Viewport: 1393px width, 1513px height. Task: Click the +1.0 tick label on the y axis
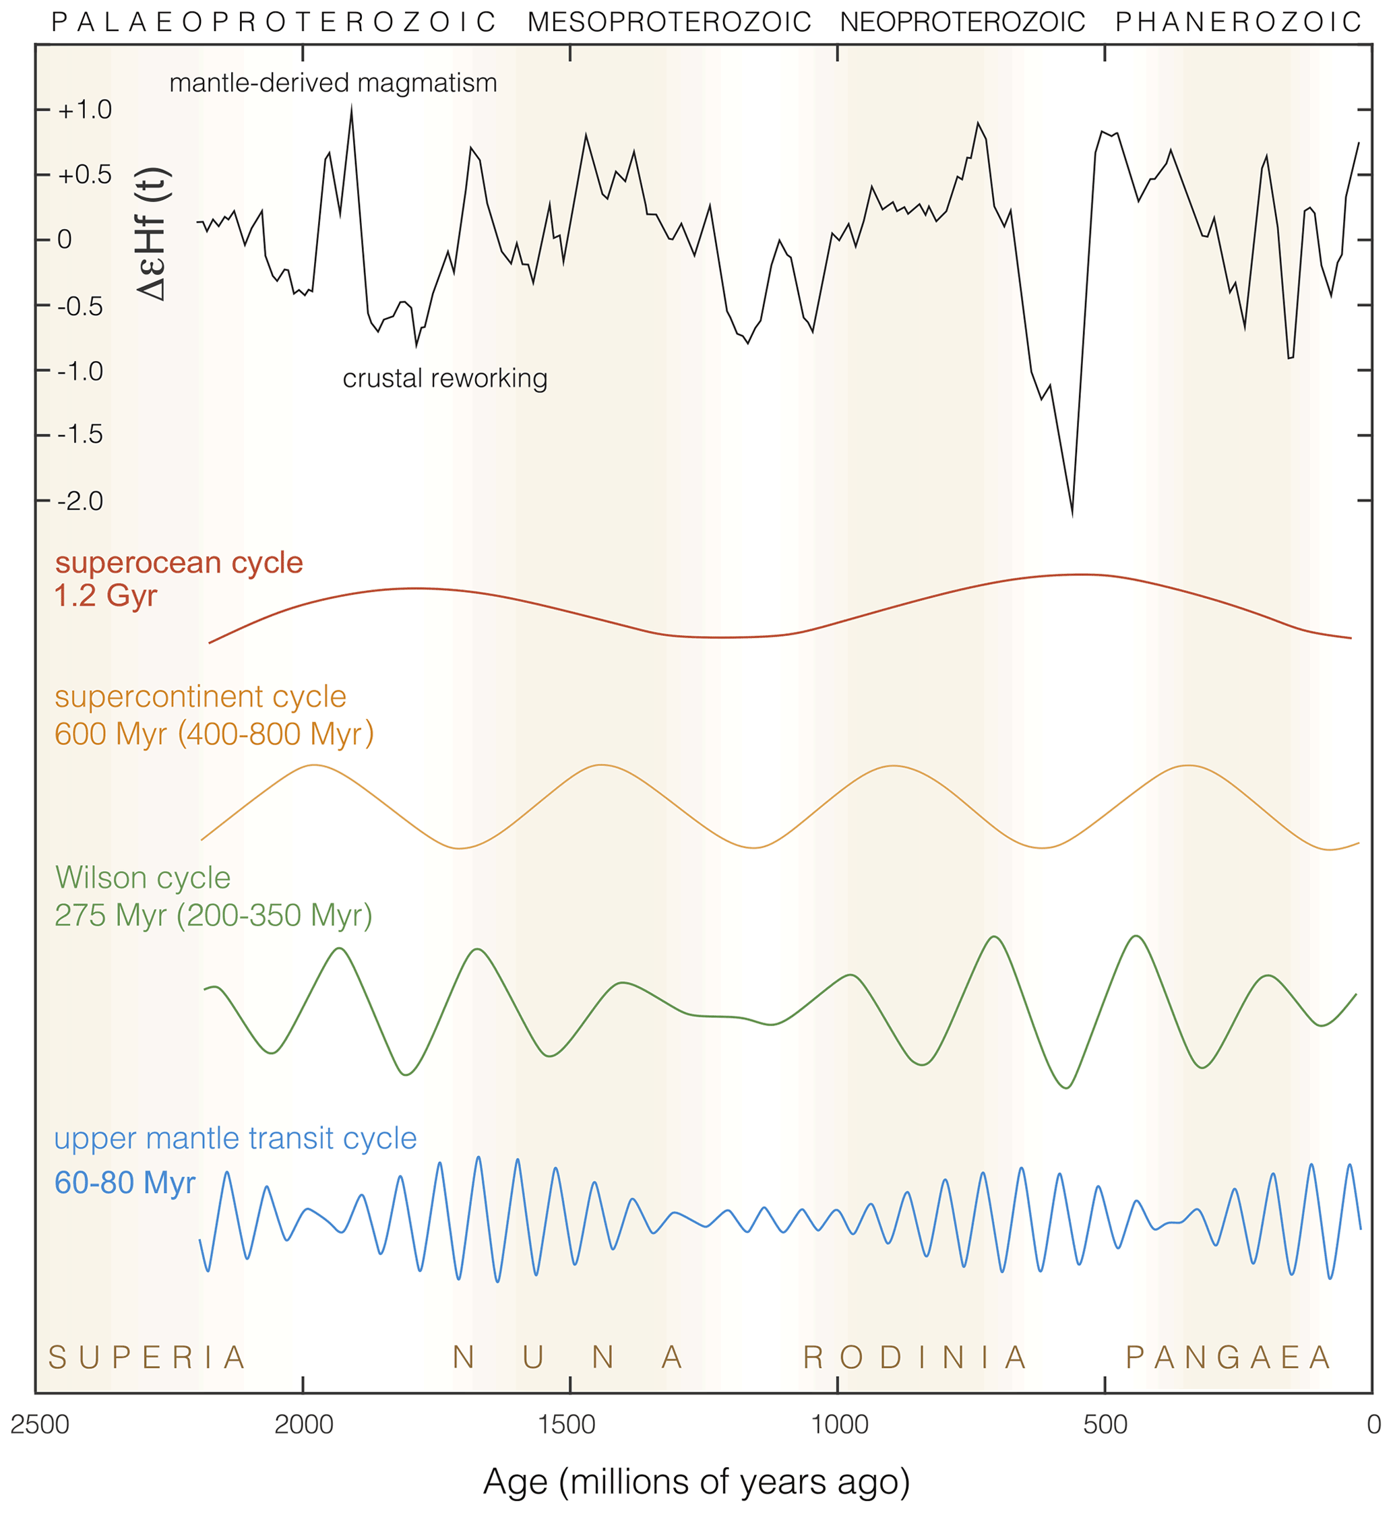(84, 110)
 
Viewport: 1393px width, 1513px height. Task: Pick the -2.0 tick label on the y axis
(80, 501)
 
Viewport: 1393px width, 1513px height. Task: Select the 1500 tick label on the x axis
(570, 1424)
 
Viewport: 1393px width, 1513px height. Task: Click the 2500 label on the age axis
(39, 1424)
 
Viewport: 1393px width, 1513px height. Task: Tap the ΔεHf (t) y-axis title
(153, 234)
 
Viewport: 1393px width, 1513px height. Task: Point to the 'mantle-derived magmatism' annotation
(333, 83)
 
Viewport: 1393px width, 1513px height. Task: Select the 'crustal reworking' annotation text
(445, 379)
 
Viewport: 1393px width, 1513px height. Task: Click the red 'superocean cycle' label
(179, 563)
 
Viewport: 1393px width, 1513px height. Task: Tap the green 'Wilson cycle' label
(142, 878)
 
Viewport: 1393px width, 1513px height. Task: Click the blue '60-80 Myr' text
(125, 1182)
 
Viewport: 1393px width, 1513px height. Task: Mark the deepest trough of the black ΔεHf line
(1072, 515)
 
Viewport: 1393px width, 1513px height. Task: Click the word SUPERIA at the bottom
(147, 1358)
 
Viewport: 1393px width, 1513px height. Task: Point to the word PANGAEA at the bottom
(1228, 1358)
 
